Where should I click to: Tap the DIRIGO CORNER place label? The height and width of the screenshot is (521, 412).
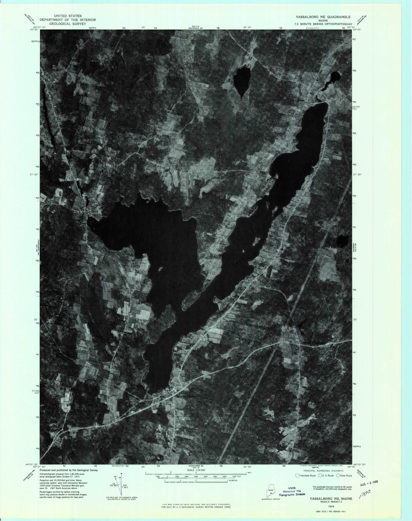pos(312,343)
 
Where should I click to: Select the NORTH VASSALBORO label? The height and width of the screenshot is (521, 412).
pos(52,69)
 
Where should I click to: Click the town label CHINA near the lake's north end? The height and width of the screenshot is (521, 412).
pos(299,101)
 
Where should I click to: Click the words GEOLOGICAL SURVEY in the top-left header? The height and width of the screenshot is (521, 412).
pos(68,24)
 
